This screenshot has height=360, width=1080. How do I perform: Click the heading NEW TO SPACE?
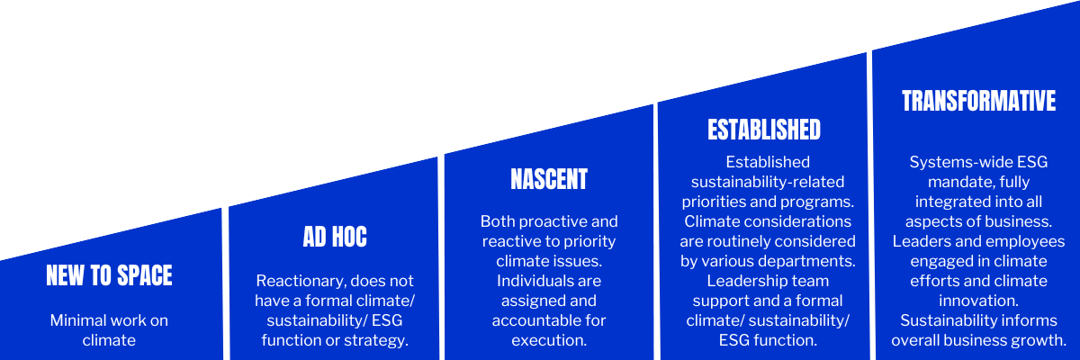point(109,275)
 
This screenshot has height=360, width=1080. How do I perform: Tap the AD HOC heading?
point(335,237)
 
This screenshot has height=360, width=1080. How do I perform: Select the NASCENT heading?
point(549,179)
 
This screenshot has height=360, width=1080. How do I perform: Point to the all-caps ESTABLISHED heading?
point(764,130)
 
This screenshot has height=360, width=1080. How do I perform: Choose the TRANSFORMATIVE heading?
point(978,101)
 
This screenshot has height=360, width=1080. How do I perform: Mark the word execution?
point(549,340)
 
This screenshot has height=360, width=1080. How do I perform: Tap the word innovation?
point(978,301)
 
